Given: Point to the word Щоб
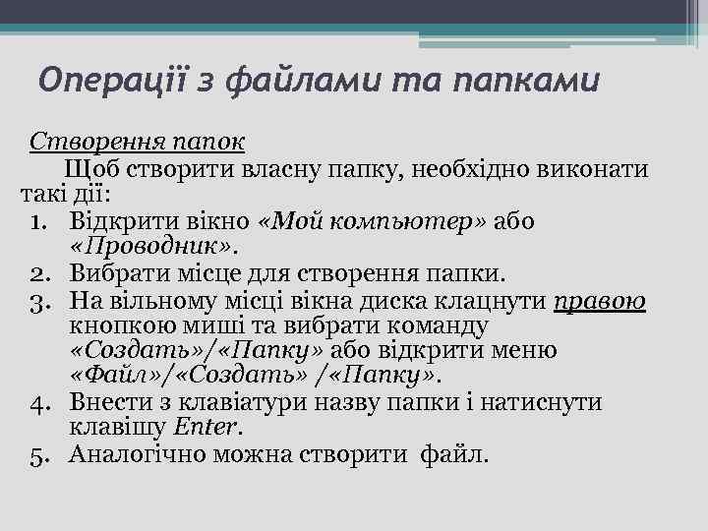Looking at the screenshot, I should tap(88, 168).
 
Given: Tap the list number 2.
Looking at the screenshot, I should tap(52, 270).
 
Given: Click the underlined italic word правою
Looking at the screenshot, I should tap(599, 298).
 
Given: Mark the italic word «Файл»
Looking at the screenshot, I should tap(115, 376).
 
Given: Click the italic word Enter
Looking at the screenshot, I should tap(206, 428).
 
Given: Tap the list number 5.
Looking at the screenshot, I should tap(52, 454).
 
